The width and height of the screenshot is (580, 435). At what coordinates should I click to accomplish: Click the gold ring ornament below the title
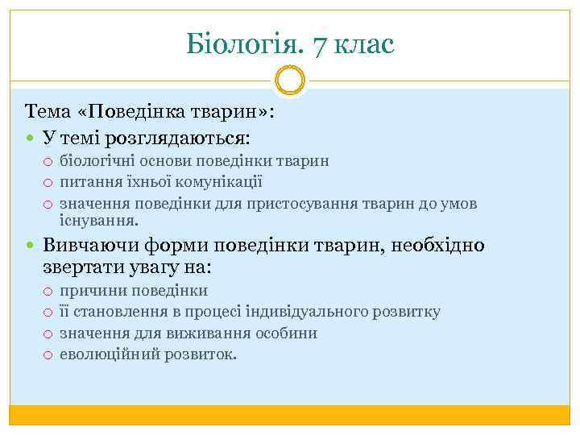tap(289, 81)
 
